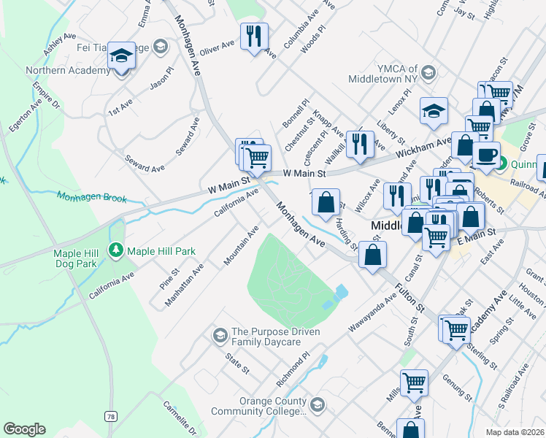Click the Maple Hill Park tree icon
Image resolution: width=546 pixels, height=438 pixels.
tap(116, 251)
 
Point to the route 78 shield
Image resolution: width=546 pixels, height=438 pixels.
tap(110, 416)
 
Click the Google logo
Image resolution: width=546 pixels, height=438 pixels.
tap(24, 429)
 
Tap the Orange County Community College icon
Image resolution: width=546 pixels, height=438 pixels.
tap(318, 404)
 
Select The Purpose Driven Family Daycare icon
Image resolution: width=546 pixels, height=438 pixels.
tap(219, 336)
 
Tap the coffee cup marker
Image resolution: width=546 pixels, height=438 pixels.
tap(486, 154)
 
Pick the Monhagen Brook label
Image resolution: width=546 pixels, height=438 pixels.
tap(91, 197)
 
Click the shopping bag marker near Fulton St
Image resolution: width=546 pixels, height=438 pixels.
tap(373, 255)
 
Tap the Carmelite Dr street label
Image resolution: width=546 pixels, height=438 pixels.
tap(180, 418)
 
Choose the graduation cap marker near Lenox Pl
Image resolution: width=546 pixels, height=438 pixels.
tap(434, 111)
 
